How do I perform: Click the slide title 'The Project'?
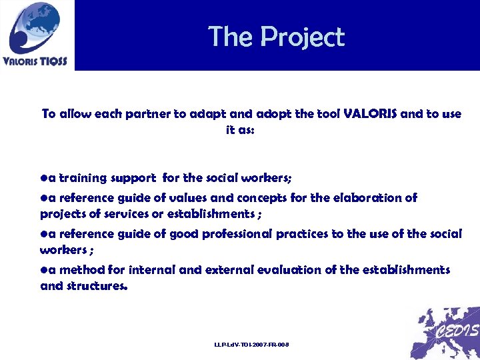276,36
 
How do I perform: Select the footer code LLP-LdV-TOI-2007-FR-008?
251,344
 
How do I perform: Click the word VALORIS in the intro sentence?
370,114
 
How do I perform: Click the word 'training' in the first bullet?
83,178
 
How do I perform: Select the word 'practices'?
302,234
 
